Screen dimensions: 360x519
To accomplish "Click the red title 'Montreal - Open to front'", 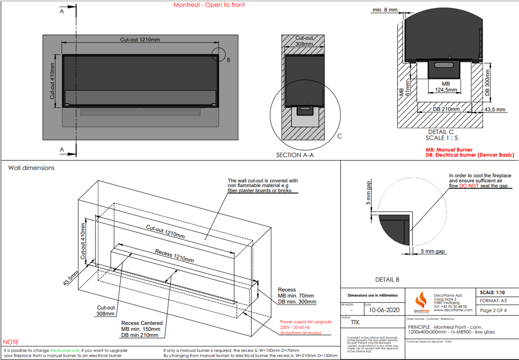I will pos(209,5).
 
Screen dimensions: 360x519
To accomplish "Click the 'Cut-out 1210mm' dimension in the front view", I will pos(140,40).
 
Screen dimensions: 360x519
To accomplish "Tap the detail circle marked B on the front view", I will pos(218,54).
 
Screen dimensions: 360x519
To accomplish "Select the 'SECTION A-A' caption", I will pos(295,155).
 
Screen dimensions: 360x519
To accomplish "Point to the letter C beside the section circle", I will pos(340,136).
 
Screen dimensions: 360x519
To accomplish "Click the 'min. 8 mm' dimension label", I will pos(385,10).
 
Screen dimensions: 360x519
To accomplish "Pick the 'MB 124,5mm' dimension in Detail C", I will pos(446,87).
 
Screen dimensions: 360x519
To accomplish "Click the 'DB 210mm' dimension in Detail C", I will pos(446,109).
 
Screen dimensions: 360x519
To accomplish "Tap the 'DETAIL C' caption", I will pos(441,132).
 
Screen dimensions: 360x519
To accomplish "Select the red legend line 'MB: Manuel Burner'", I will pos(449,150).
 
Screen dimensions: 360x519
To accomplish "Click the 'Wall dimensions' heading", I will pos(32,168).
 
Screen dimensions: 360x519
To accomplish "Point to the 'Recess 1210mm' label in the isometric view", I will pos(174,256).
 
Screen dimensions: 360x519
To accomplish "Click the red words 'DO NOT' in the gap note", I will pos(469,186).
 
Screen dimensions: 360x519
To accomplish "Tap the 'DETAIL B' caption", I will pos(387,280).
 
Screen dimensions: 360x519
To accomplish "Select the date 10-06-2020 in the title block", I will pos(384,310).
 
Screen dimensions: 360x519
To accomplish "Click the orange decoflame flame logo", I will pos(421,300).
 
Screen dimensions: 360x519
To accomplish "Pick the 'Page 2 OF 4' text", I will pos(493,310).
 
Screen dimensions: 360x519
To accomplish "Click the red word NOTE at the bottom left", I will pos(11,342).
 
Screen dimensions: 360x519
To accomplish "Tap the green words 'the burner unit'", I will pos(65,350).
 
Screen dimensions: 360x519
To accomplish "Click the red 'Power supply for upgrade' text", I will pos(306,322).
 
